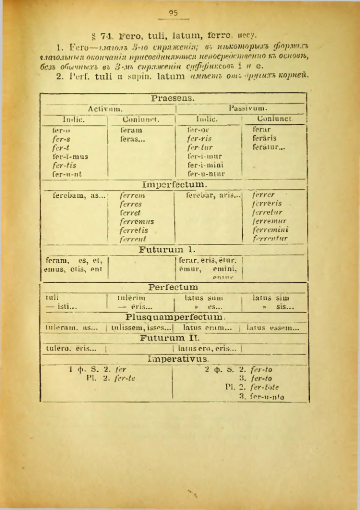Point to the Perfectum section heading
[x=173, y=287]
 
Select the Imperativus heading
[x=174, y=359]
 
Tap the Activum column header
[x=105, y=108]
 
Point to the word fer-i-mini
[x=205, y=165]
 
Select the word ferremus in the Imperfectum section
[x=136, y=221]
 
